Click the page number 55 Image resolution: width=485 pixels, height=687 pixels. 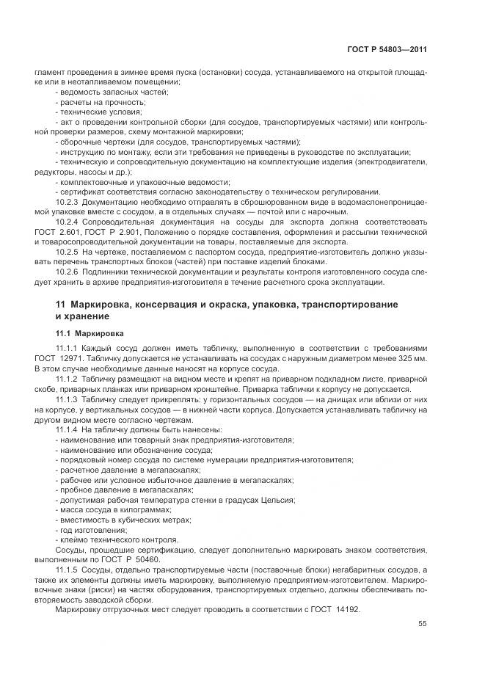(x=423, y=624)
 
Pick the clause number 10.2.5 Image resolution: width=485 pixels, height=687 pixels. (x=68, y=252)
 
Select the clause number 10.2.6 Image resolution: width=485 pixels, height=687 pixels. (x=68, y=272)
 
